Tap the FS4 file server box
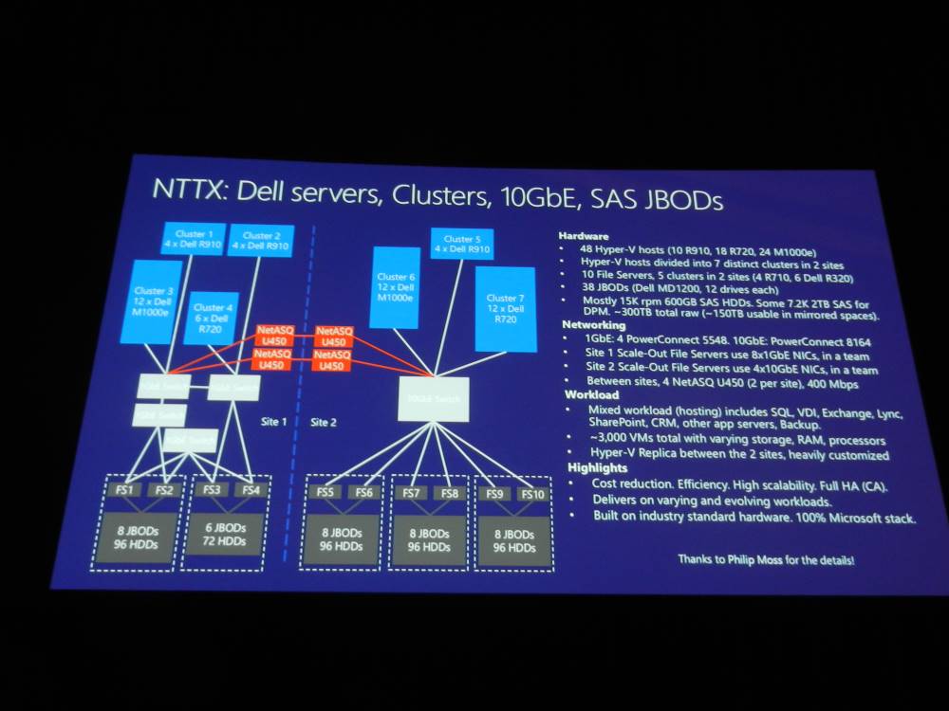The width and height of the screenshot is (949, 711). (251, 490)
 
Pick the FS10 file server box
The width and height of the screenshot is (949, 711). (532, 494)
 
